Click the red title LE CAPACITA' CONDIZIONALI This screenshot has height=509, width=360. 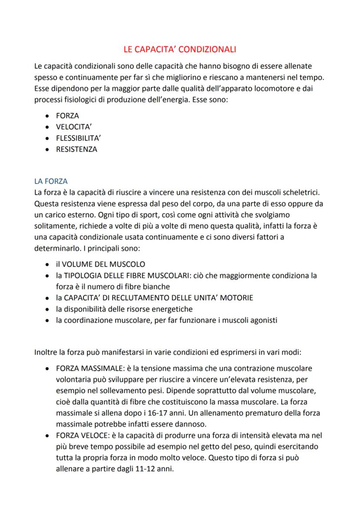[x=180, y=50]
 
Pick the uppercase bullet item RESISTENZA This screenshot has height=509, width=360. [x=77, y=150]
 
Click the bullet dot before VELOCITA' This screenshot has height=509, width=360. [x=47, y=127]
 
